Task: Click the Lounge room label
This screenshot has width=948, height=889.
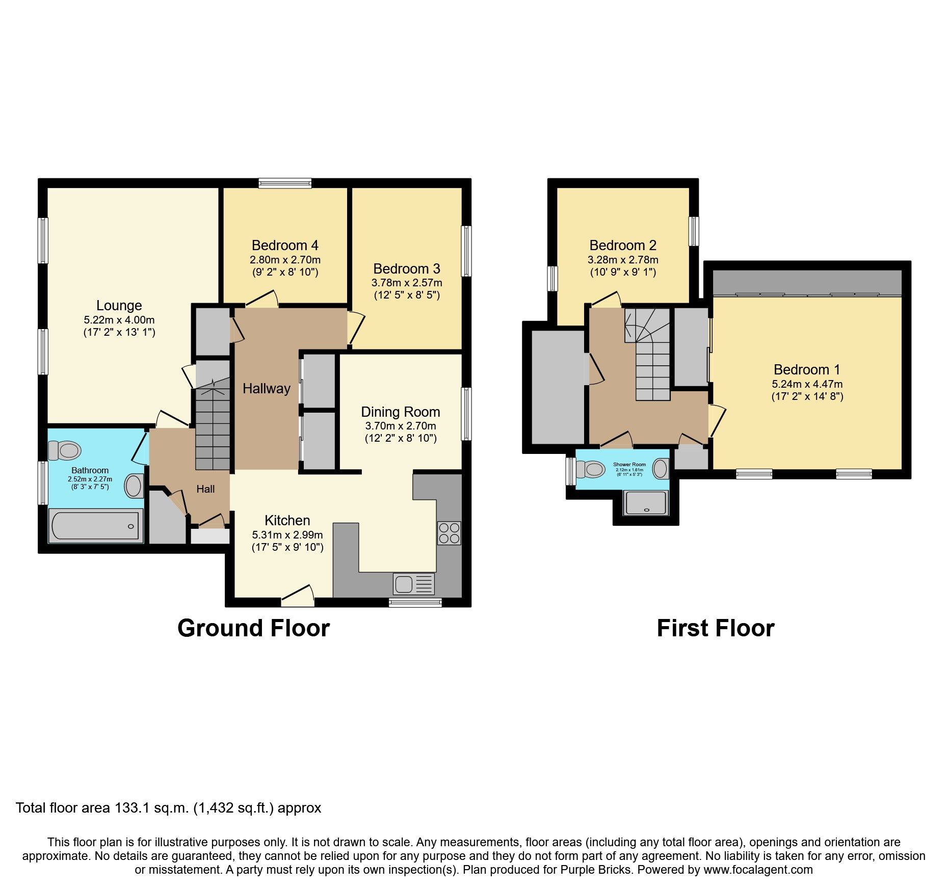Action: pos(119,306)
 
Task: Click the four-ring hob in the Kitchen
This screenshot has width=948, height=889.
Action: pos(449,533)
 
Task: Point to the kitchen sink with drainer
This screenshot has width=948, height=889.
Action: pos(413,584)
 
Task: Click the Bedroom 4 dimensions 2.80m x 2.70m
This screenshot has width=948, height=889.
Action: pos(285,260)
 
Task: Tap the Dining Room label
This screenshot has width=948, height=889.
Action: pos(400,412)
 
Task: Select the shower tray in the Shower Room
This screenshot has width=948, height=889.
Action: pos(646,503)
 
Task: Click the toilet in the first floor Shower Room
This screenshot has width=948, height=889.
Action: pos(591,469)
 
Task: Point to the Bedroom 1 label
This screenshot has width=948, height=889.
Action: pos(807,369)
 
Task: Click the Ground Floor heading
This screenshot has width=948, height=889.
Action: pos(253,628)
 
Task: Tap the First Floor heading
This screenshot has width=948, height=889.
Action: pos(715,628)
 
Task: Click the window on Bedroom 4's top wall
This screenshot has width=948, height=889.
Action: pos(285,183)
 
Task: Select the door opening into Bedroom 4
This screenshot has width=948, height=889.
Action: pos(262,301)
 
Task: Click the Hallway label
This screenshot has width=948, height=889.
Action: pos(266,389)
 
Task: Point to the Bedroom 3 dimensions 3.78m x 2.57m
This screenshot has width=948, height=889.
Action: pos(406,283)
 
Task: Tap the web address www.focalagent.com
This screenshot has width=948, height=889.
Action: pos(758,870)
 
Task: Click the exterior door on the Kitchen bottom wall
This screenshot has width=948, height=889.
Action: pos(298,597)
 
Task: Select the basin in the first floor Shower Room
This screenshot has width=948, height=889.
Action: pos(661,469)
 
